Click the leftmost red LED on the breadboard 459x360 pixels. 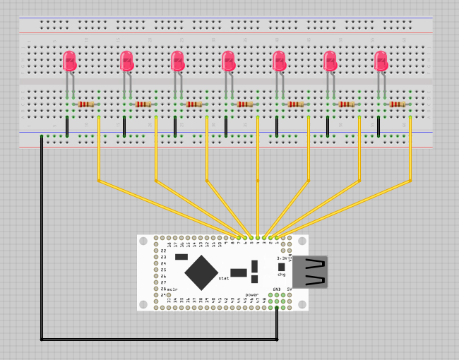[69, 61]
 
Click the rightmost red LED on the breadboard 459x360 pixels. [381, 61]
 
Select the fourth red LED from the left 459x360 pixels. [228, 61]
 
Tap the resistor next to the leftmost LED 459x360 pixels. [86, 104]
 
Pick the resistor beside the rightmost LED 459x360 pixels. [398, 104]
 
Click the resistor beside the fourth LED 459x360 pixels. [244, 104]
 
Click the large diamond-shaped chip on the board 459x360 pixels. [202, 272]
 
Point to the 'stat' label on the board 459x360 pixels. [224, 279]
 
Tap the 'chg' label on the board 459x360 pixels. [281, 274]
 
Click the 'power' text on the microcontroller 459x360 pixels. [251, 294]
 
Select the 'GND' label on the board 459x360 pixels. [278, 289]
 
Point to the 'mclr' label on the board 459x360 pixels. [172, 289]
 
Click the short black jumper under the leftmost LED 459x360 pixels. [67, 126]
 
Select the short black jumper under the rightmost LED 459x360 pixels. [378, 126]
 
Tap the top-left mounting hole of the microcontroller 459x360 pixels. [143, 241]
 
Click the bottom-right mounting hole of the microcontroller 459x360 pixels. [302, 305]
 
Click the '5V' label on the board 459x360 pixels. [289, 289]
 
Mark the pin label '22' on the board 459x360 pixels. [163, 251]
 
